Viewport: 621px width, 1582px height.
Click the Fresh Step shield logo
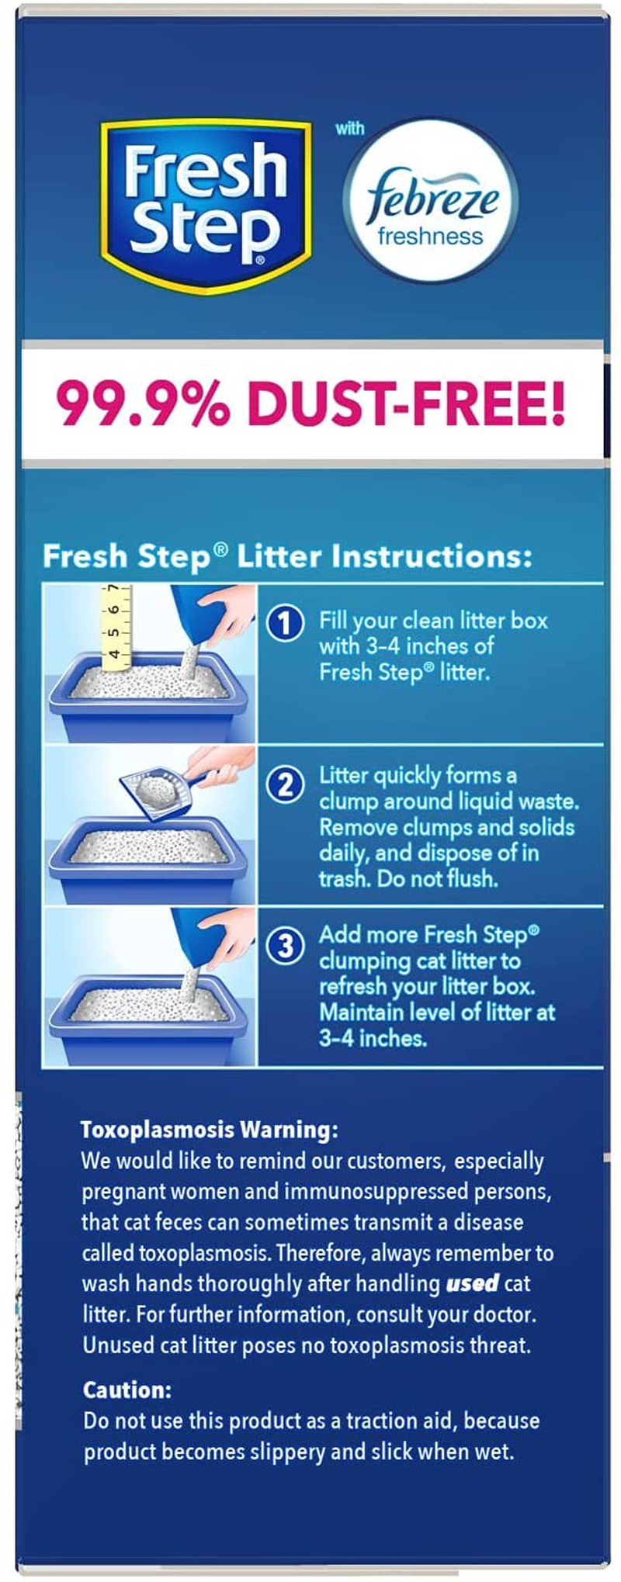click(x=206, y=206)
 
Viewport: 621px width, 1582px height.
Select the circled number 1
click(x=285, y=622)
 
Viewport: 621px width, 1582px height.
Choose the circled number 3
click(x=285, y=946)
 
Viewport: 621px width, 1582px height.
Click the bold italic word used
click(x=471, y=1283)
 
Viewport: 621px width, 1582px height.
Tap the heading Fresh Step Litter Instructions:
click(x=287, y=556)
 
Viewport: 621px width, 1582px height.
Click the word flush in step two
click(x=474, y=878)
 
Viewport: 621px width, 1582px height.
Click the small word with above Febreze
click(x=349, y=128)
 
